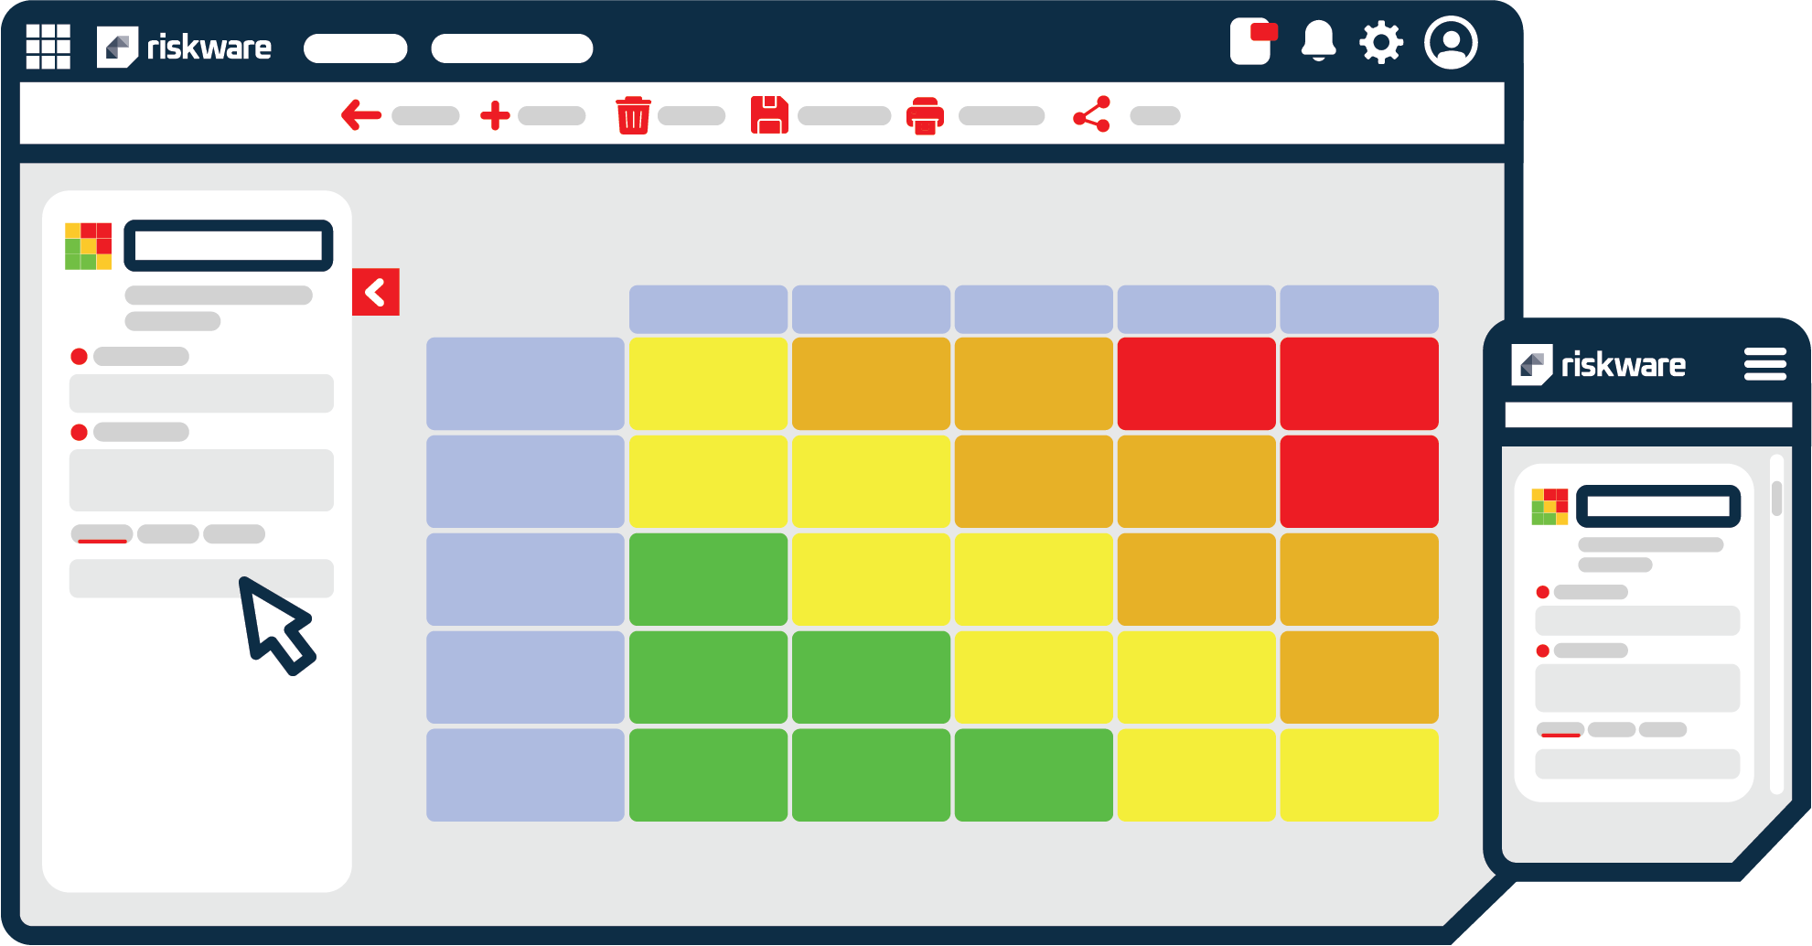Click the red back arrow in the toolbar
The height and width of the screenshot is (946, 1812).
click(360, 115)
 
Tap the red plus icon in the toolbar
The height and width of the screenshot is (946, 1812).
click(495, 115)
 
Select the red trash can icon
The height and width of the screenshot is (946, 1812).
click(633, 115)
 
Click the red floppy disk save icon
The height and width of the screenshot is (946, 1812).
click(769, 115)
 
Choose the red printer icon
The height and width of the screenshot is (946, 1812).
click(925, 116)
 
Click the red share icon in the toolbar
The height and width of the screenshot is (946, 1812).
click(1091, 114)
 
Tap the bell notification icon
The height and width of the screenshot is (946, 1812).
click(1318, 42)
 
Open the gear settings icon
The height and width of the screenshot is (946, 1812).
click(1380, 42)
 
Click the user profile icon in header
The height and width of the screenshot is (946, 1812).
click(1451, 42)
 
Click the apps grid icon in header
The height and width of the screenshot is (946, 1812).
click(48, 46)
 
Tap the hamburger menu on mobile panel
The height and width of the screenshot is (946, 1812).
click(1764, 364)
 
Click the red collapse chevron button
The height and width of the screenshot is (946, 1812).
click(375, 292)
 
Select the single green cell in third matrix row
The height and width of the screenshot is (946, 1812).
click(708, 579)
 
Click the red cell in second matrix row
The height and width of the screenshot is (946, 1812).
click(1358, 481)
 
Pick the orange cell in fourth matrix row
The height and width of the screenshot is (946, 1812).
click(1358, 677)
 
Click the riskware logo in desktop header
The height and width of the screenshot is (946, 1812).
click(184, 47)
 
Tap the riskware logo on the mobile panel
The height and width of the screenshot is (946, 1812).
click(1598, 365)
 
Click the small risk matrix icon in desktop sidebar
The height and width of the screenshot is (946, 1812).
click(88, 246)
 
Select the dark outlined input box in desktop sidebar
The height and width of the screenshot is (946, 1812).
click(228, 245)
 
